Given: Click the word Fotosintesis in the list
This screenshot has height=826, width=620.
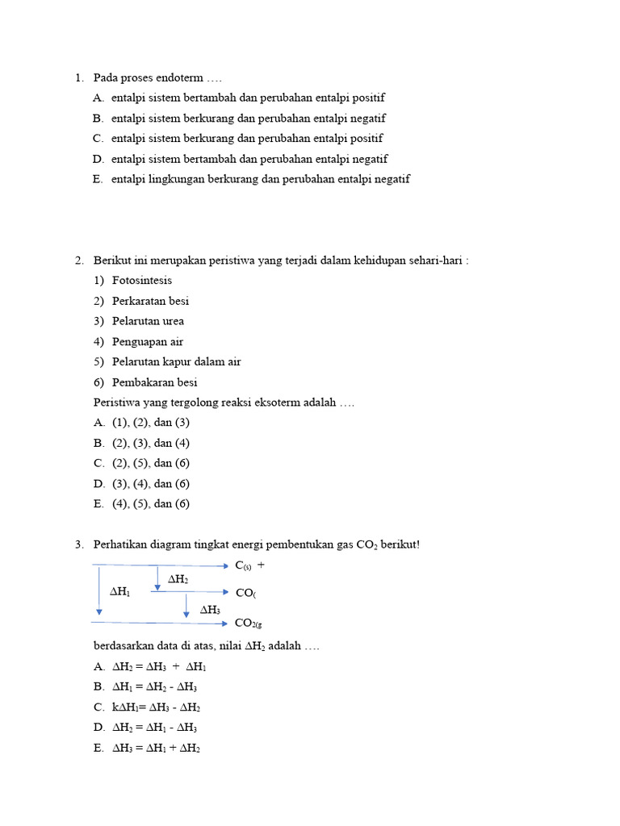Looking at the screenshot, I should tap(142, 281).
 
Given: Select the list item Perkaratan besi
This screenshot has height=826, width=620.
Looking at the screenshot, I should tap(151, 301).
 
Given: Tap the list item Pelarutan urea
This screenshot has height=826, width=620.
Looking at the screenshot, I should tap(148, 321).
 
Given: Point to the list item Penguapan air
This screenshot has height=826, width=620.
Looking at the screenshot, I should tap(148, 341).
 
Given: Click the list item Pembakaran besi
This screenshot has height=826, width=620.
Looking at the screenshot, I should tap(155, 382).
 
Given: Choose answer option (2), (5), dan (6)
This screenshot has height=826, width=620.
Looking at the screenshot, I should tap(151, 463).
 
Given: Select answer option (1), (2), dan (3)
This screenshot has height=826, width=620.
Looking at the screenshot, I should tap(151, 423).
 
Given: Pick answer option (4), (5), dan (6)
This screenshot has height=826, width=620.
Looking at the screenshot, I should tap(151, 504).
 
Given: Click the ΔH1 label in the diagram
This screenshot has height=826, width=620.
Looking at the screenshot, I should tap(119, 592).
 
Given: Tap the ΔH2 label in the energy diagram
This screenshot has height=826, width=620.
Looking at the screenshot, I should tap(178, 579).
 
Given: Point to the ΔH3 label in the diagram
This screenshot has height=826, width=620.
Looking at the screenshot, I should tap(210, 610).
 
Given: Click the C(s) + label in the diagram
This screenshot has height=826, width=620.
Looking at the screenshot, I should tap(249, 566).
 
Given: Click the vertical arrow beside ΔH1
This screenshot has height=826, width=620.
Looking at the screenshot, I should tap(98, 593).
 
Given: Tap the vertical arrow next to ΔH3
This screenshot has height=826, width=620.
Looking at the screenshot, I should tap(186, 606).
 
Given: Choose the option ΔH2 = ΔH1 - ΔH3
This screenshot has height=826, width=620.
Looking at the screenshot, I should tap(154, 728).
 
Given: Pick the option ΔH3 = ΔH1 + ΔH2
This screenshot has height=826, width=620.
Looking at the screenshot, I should tap(156, 748).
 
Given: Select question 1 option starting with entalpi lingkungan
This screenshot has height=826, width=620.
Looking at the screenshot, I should tap(260, 179).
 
